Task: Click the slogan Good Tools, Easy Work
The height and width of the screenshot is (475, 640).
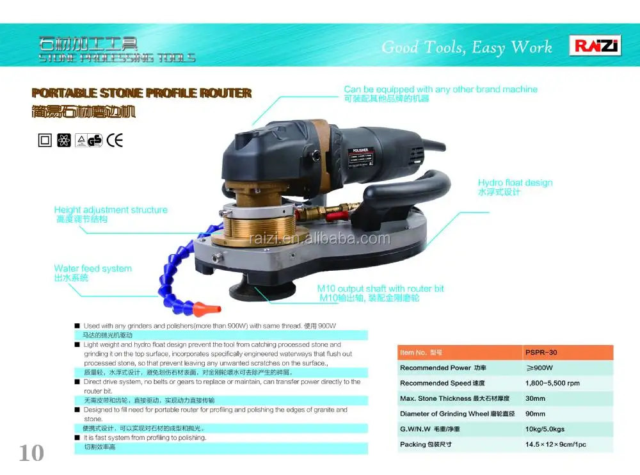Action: [x=467, y=47]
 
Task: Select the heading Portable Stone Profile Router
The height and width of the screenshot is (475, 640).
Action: [x=141, y=93]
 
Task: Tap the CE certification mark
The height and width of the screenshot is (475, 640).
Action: [x=115, y=140]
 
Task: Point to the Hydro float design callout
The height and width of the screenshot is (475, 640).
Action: [x=515, y=183]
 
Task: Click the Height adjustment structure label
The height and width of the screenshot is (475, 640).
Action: [x=111, y=210]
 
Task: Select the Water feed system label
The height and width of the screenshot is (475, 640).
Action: [x=93, y=269]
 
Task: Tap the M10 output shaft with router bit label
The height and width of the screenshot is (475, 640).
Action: [x=381, y=289]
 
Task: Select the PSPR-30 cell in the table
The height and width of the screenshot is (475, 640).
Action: [x=540, y=353]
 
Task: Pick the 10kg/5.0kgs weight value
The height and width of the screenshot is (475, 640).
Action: [x=545, y=429]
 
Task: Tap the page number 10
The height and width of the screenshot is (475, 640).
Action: [x=31, y=453]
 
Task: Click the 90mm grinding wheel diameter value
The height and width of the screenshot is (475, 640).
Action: [x=536, y=414]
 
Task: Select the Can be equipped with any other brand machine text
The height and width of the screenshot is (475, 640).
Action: [x=440, y=90]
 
